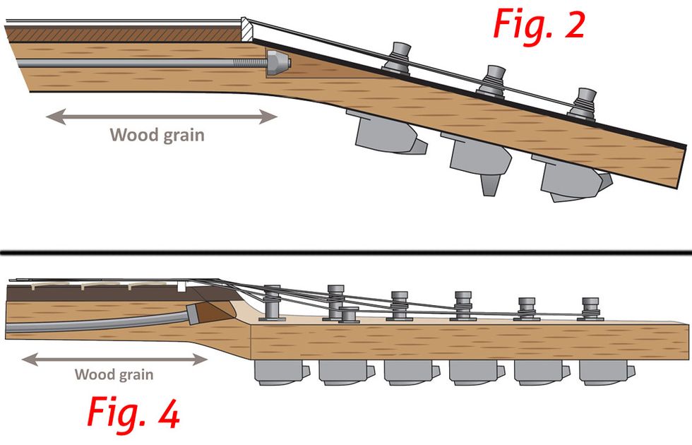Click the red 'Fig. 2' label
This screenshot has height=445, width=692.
click(539, 25)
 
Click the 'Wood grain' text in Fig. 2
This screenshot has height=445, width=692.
click(157, 134)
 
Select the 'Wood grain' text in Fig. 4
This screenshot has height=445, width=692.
click(114, 374)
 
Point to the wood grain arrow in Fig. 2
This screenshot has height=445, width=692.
click(162, 117)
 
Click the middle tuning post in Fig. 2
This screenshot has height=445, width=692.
click(492, 79)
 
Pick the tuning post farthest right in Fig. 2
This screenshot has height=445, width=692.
click(584, 102)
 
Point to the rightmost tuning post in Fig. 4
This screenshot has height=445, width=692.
click(590, 309)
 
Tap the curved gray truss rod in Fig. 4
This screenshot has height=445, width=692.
click(99, 324)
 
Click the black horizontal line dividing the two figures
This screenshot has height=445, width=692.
click(346, 252)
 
